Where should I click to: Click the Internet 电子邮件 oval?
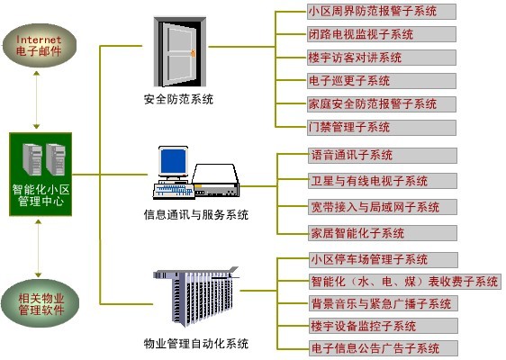point(39,46)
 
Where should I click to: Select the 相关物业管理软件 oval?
point(40,303)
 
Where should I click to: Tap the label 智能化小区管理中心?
point(41,195)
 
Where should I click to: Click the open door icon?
point(180,52)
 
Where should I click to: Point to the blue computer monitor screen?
point(174,162)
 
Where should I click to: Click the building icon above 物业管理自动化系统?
point(196,296)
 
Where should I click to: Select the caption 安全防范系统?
point(178,99)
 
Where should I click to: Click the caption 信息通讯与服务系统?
point(196,214)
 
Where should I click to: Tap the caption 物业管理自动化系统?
point(196,343)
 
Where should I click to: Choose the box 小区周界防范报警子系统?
point(382,12)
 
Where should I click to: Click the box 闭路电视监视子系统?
point(382,34)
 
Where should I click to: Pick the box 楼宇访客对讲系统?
point(382,58)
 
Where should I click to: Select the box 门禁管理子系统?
point(382,128)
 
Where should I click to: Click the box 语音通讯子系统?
point(383,156)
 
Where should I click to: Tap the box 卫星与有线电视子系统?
point(383,181)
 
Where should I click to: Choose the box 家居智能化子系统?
point(383,233)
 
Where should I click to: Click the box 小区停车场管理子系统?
point(384,260)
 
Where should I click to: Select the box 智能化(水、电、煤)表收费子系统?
point(405,282)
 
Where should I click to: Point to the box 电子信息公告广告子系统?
point(384,348)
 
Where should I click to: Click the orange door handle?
point(193,53)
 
